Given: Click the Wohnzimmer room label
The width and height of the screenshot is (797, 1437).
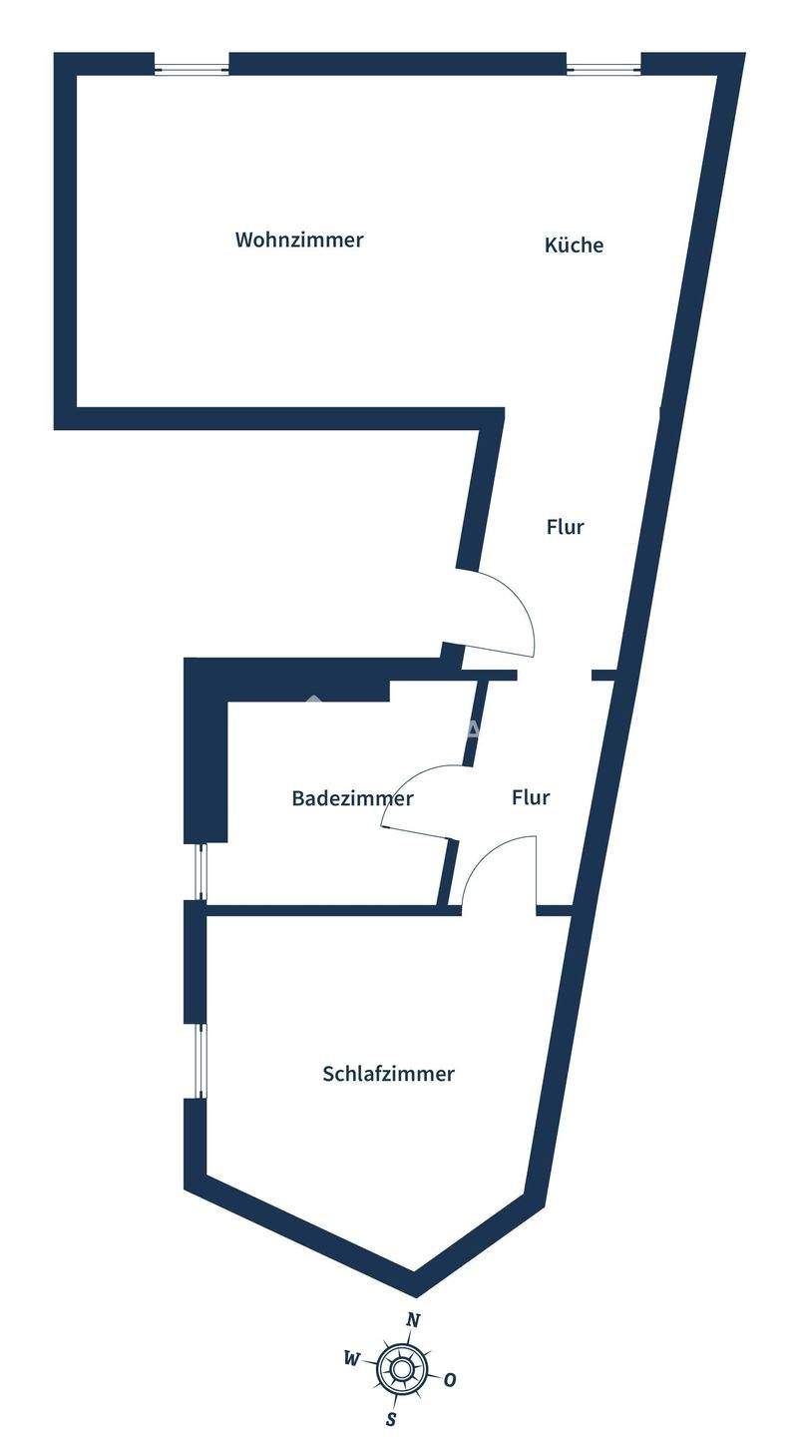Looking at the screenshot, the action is point(299,240).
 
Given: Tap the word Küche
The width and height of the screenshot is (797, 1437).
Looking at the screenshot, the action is point(574,245).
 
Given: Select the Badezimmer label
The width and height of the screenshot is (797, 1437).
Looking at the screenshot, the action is point(352,798).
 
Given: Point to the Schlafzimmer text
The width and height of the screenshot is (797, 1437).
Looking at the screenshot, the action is point(388,1074).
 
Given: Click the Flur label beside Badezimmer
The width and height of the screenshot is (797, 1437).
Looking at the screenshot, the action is point(531,797).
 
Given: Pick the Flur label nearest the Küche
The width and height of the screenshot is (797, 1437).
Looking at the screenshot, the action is point(565,527).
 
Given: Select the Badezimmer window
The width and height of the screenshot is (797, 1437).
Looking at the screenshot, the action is point(201,871).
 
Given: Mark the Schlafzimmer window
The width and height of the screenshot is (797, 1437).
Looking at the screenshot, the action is point(201,1061).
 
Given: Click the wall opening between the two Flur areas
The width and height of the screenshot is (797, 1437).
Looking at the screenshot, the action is point(554,676).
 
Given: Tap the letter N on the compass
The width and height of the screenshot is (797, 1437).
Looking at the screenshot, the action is point(413,1320).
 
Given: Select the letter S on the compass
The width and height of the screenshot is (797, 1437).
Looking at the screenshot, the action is point(391,1419).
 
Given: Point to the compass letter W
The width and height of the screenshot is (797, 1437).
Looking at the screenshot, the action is point(351,1358).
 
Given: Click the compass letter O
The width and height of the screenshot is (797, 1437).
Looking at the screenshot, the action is point(450,1380).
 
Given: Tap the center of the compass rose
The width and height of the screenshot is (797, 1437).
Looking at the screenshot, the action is point(401,1369).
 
